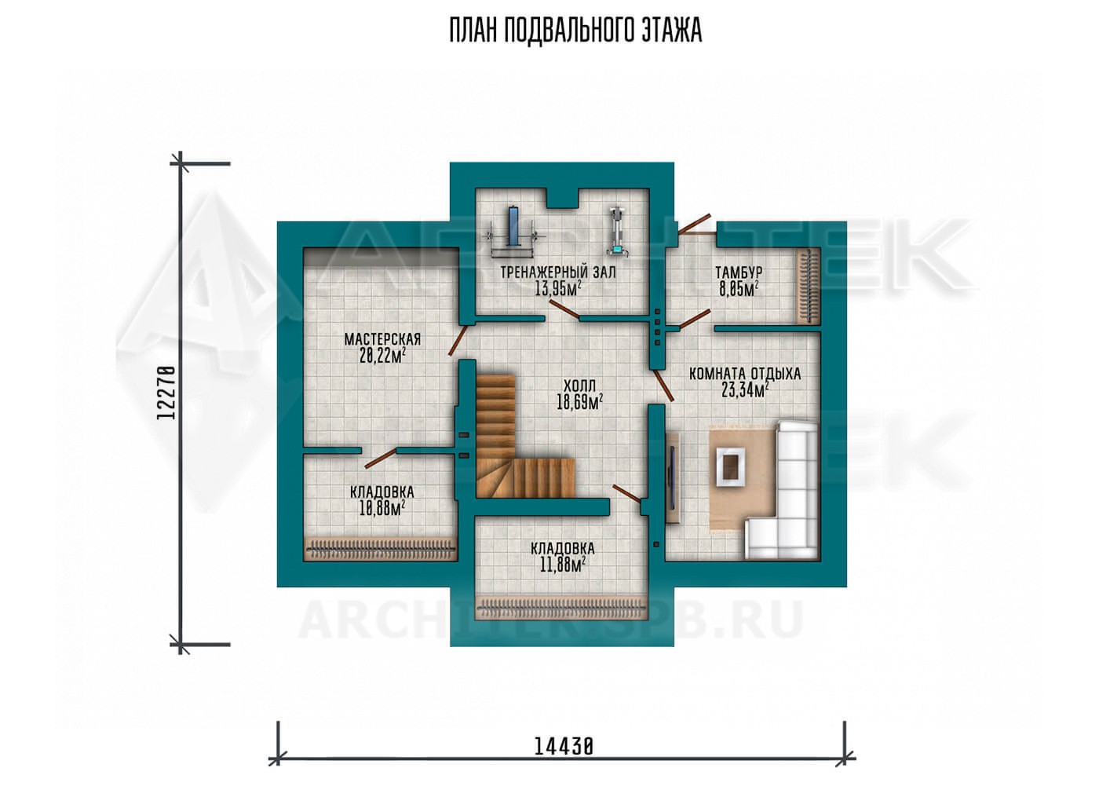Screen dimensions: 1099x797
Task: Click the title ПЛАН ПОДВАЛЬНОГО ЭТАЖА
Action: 575,31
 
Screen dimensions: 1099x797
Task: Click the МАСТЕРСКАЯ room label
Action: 383,339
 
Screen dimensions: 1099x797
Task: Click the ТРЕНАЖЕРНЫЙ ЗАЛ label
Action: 558,272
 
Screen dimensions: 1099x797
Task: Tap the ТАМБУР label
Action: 739,272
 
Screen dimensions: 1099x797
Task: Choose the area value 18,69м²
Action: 579,402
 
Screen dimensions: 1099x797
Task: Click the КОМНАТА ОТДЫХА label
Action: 745,374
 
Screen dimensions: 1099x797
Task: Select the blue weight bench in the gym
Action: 513,228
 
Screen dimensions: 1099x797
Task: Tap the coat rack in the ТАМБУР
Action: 808,287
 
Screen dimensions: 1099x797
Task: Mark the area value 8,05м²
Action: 739,289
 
